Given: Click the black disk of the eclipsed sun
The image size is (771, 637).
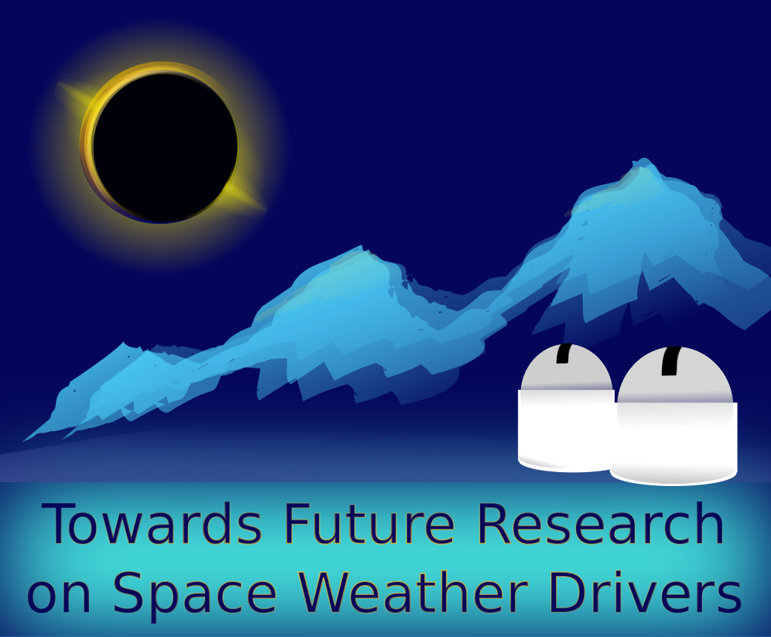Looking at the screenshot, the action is click(165, 146).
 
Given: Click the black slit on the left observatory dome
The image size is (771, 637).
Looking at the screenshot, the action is click(563, 353).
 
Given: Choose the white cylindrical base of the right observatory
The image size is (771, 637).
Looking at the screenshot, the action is click(674, 444).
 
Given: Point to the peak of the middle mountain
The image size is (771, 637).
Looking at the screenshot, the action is click(363, 247).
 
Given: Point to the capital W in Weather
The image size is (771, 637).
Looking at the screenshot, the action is click(324, 593).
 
